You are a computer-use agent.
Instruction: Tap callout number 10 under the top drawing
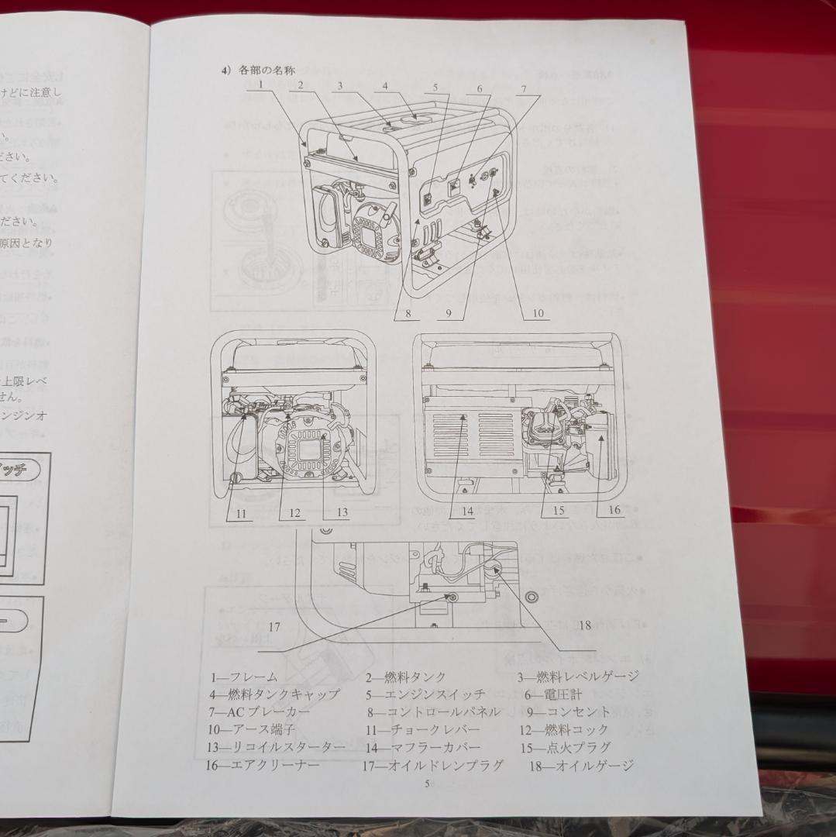(538, 314)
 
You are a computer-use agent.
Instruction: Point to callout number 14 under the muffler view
(467, 511)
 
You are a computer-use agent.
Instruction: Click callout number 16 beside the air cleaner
(614, 510)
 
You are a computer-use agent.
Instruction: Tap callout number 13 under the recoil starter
(342, 512)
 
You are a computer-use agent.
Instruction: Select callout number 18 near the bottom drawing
(584, 625)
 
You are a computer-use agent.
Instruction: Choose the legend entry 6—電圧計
(552, 695)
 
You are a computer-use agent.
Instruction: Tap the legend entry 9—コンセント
(568, 712)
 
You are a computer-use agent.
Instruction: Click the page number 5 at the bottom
(427, 784)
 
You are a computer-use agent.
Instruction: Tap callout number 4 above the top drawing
(385, 86)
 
